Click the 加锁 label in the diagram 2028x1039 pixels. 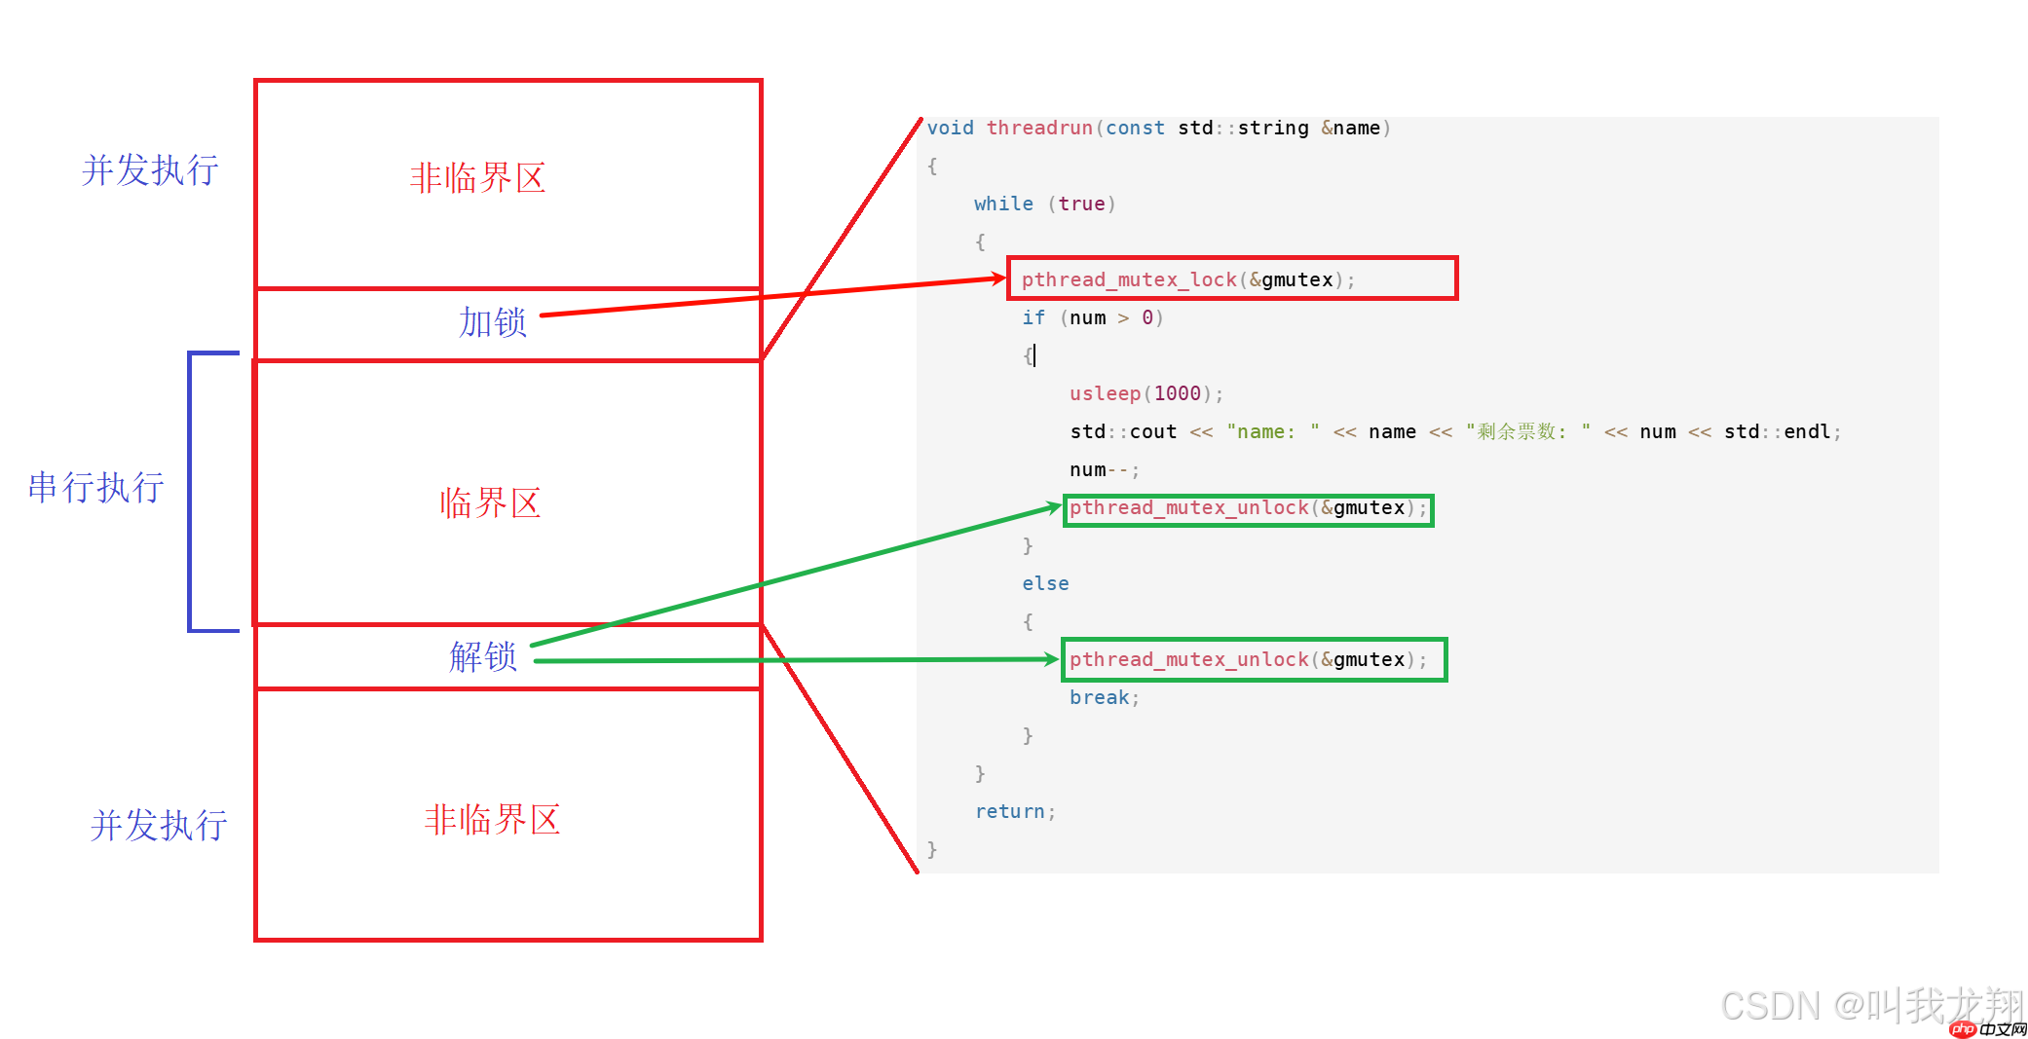tap(493, 322)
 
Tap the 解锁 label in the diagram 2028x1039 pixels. tap(483, 657)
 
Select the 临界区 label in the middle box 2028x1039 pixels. tap(490, 503)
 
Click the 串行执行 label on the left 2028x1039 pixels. tap(95, 488)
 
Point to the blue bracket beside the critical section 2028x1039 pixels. tap(192, 492)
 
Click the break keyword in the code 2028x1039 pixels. tap(1100, 698)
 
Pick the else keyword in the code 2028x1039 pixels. tap(1045, 584)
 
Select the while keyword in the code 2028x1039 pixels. tap(1003, 204)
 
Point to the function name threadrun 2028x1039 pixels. tap(1039, 129)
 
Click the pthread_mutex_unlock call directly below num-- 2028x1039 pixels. tap(1248, 508)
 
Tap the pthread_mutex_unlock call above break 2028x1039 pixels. tap(1248, 660)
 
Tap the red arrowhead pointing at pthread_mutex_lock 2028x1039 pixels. tap(998, 279)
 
